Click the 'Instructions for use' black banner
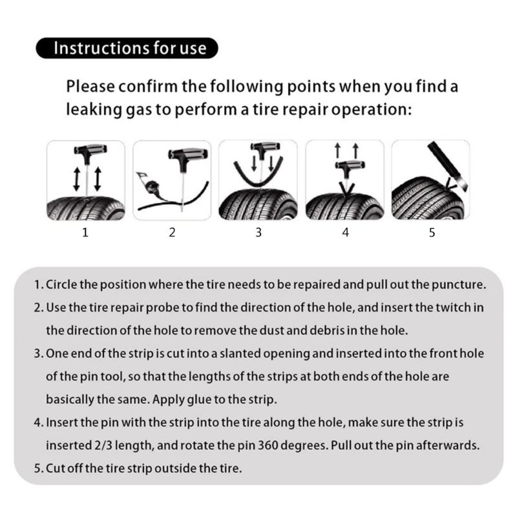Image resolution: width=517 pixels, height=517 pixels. coord(127,48)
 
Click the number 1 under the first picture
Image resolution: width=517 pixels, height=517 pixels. coord(85,233)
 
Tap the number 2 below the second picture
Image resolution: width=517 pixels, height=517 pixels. coord(172,233)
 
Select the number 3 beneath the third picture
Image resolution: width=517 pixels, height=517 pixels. coord(258,233)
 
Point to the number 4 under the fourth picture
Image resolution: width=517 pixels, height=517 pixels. coord(345,233)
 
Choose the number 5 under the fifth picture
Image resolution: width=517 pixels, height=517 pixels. coord(432,233)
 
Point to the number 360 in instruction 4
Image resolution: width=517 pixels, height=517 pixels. coord(268,445)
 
